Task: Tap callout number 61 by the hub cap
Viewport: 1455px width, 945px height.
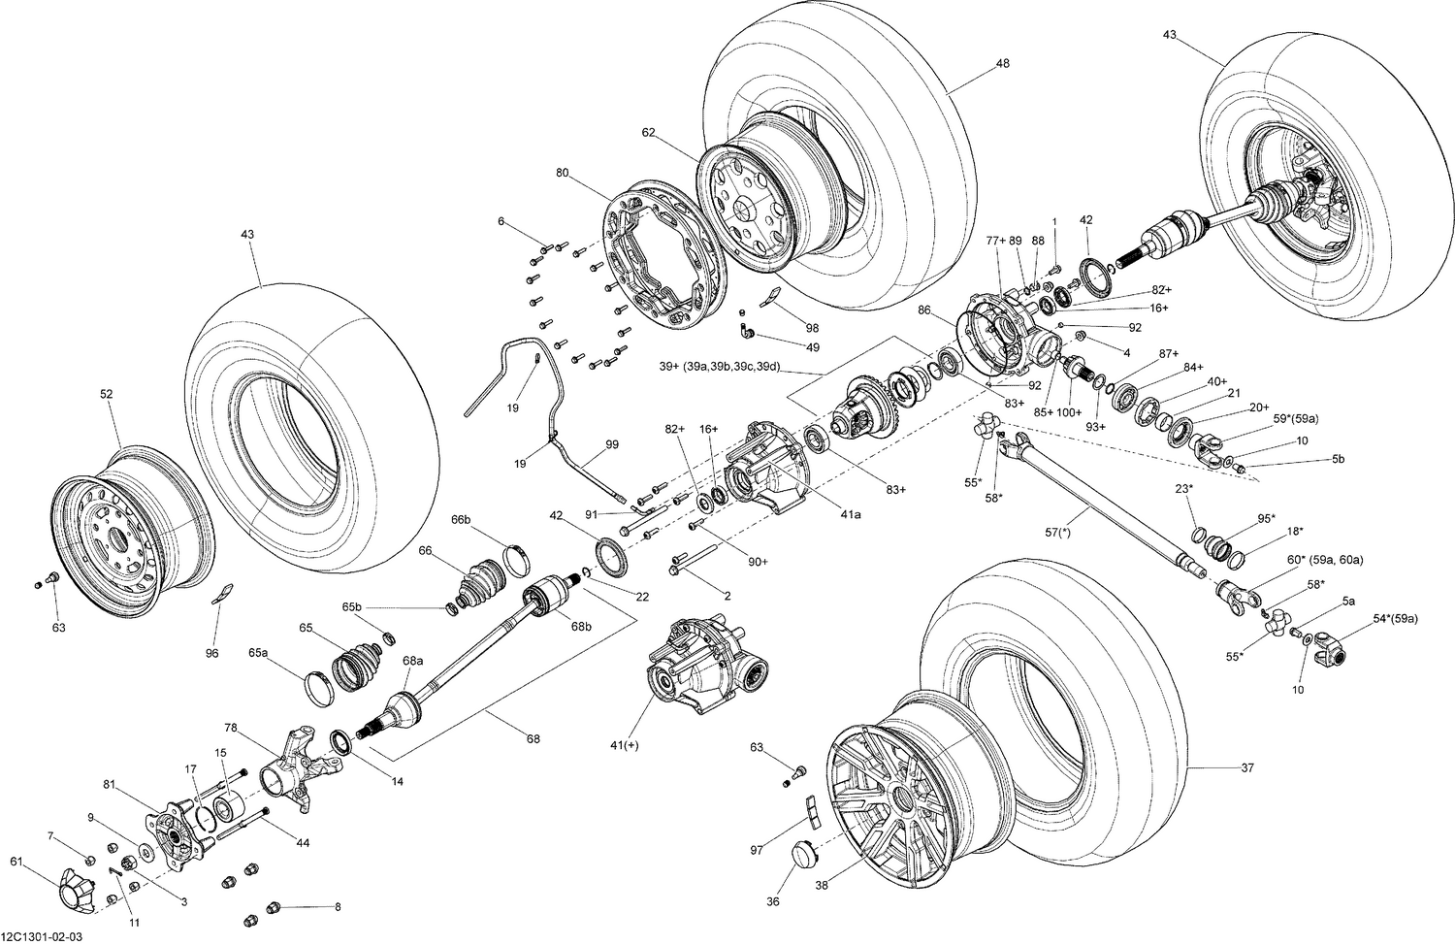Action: tap(16, 862)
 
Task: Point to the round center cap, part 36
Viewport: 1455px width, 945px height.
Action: tap(804, 856)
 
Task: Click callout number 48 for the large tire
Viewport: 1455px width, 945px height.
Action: tap(1002, 64)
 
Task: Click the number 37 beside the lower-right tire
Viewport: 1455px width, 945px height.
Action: tap(1247, 768)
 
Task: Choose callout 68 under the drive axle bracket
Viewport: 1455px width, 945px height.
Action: tap(533, 739)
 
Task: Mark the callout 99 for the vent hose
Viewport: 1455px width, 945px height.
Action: tap(612, 444)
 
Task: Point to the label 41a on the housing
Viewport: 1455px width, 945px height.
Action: tap(851, 515)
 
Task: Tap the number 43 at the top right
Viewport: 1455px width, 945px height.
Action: tap(1169, 35)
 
